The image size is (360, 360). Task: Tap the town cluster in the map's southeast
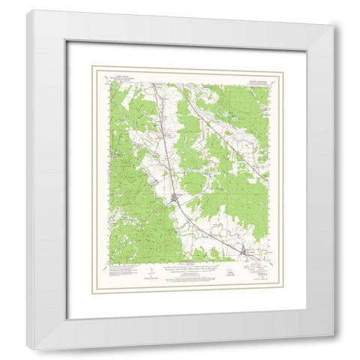coord(246,251)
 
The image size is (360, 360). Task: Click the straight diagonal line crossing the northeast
coord(225,135)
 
